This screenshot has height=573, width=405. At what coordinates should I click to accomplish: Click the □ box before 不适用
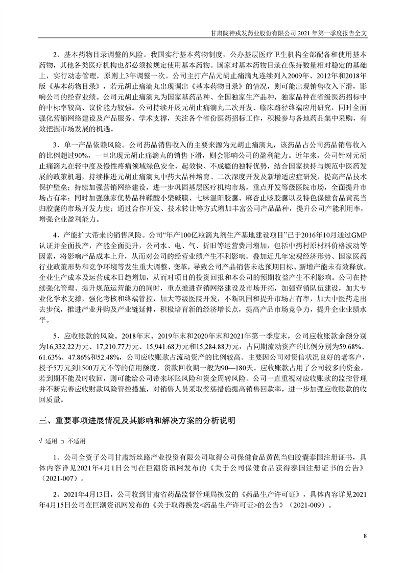click(x=62, y=440)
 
